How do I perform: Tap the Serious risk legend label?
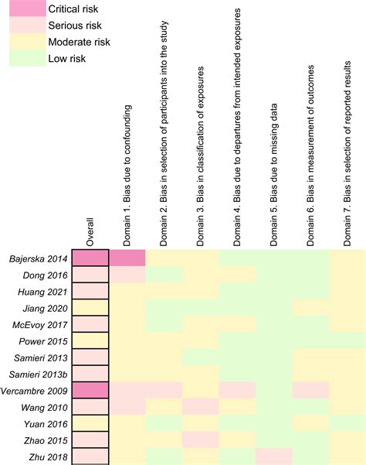73,26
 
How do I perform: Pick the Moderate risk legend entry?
77,42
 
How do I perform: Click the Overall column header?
91,224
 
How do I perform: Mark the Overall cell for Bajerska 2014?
91,258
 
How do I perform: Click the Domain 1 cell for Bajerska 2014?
128,258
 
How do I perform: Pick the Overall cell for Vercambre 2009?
91,390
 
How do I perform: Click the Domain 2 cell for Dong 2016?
164,275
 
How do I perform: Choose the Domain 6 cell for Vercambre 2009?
311,390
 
